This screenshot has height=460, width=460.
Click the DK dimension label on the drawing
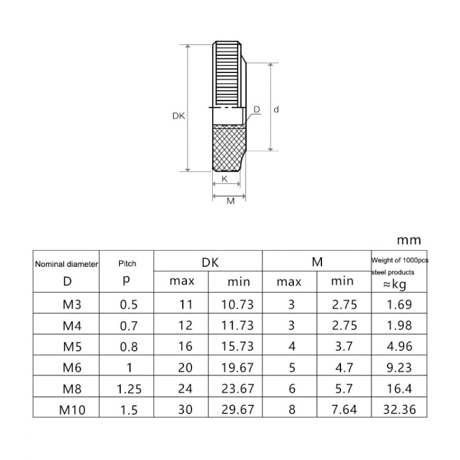pyautogui.click(x=178, y=115)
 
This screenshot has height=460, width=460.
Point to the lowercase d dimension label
pyautogui.click(x=277, y=109)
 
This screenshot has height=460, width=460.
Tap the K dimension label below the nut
pyautogui.click(x=224, y=179)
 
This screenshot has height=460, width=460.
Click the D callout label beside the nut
pyautogui.click(x=256, y=109)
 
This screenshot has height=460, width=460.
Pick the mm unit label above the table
pyautogui.click(x=409, y=240)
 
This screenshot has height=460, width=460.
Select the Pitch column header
pyautogui.click(x=127, y=264)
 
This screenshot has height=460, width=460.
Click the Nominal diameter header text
pyautogui.click(x=66, y=264)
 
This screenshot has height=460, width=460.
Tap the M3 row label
pyautogui.click(x=66, y=304)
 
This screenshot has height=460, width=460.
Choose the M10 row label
pyautogui.click(x=66, y=409)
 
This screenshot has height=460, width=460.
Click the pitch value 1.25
pyautogui.click(x=127, y=388)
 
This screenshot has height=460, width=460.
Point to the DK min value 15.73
pyautogui.click(x=237, y=347)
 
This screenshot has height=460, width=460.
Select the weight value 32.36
pyautogui.click(x=397, y=409)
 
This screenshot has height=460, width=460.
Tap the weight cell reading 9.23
pyautogui.click(x=397, y=367)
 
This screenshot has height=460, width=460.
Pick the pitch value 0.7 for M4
pyautogui.click(x=127, y=326)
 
